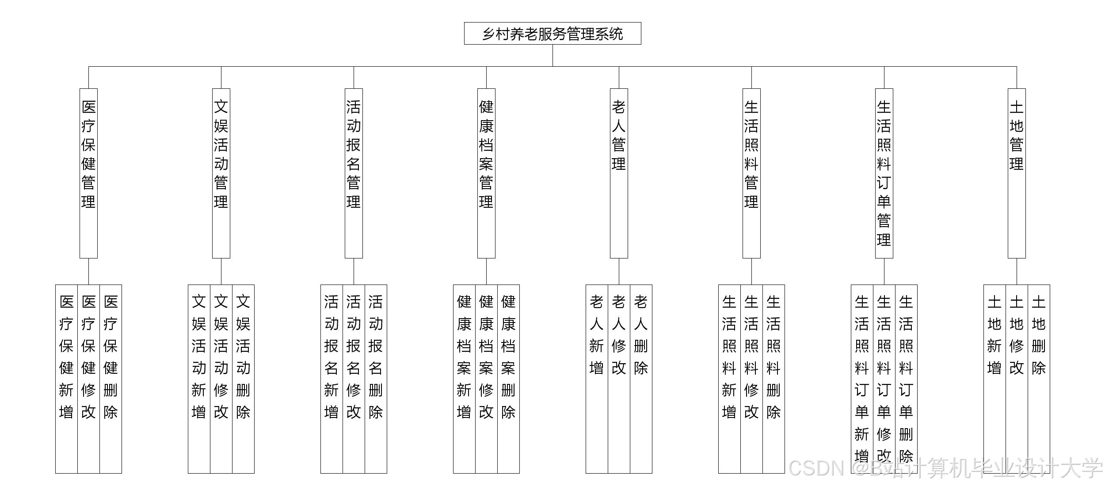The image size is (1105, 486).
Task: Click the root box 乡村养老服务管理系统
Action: pyautogui.click(x=552, y=34)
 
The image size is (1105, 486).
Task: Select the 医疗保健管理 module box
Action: pyautogui.click(x=88, y=173)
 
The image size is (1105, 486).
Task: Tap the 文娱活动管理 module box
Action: pyautogui.click(x=221, y=173)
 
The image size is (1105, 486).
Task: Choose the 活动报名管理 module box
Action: pyautogui.click(x=354, y=173)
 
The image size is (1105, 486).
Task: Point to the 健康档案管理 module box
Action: pyautogui.click(x=486, y=173)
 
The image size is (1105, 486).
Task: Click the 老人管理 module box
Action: pyautogui.click(x=619, y=173)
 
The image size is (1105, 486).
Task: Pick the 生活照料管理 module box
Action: pyautogui.click(x=751, y=173)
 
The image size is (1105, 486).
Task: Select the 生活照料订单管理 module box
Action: pyautogui.click(x=884, y=173)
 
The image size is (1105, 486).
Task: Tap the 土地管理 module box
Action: pyautogui.click(x=1017, y=173)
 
